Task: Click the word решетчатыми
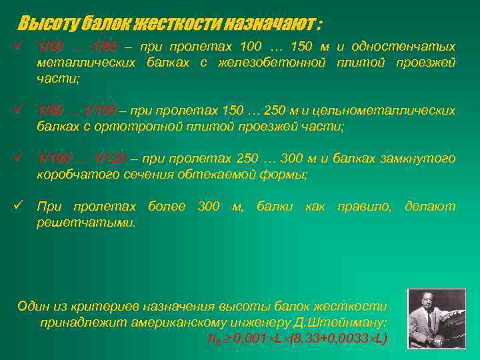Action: pyautogui.click(x=86, y=223)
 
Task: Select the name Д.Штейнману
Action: pyautogui.click(x=348, y=322)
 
